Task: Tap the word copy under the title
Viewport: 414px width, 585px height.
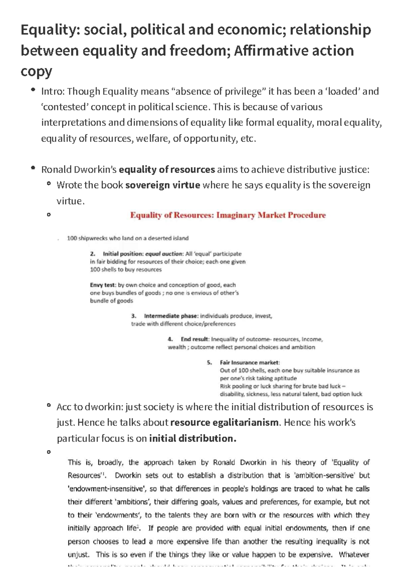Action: pos(36,72)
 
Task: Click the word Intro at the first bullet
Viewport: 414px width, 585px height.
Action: pos(52,91)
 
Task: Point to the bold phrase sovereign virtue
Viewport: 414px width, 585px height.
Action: pos(162,185)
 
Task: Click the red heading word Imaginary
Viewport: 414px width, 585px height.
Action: pos(236,215)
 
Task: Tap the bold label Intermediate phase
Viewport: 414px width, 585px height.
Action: pos(171,316)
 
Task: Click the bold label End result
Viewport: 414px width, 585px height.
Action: pos(195,339)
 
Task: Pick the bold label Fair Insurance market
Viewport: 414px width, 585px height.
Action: pos(250,363)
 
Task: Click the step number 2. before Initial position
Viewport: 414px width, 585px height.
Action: pos(92,254)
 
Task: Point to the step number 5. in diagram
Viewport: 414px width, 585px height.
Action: pos(209,363)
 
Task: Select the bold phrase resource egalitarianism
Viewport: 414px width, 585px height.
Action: pos(224,423)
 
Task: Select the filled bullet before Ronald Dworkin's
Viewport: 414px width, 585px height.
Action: pos(33,168)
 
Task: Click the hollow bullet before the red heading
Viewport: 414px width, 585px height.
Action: pos(49,214)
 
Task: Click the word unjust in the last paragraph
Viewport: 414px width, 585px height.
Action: pos(78,555)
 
